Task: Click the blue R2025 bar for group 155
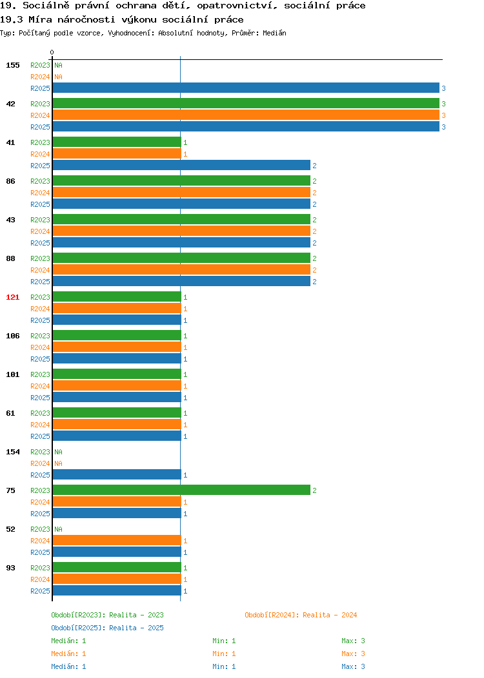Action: [246, 88]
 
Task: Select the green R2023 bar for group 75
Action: [181, 490]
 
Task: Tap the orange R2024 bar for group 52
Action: [117, 540]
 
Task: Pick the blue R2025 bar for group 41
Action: [181, 165]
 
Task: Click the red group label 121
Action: [12, 297]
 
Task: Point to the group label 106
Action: [12, 336]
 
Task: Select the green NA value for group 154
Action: [59, 452]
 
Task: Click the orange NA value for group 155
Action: [59, 77]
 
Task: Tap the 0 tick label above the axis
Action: [52, 52]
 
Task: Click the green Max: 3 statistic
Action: [353, 641]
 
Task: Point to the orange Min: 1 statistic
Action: [224, 654]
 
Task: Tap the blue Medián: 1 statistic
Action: [68, 667]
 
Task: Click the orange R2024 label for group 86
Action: [40, 193]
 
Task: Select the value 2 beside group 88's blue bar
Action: [315, 282]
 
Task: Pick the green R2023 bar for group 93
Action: [117, 567]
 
